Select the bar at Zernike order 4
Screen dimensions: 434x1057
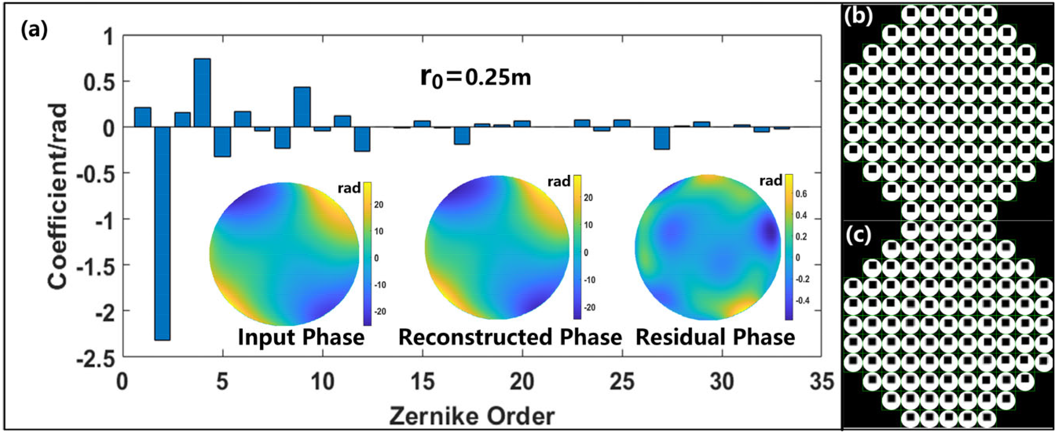(x=202, y=93)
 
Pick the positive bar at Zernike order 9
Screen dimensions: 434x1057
(x=302, y=107)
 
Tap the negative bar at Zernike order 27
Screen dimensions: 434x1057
(x=662, y=138)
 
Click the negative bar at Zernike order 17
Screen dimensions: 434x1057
(x=462, y=136)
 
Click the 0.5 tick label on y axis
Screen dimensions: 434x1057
(x=99, y=82)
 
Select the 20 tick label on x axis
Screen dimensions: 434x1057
(x=522, y=382)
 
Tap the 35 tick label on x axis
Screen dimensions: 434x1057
(x=822, y=382)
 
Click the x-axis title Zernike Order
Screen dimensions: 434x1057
(x=472, y=416)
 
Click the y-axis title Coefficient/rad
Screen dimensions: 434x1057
(x=57, y=196)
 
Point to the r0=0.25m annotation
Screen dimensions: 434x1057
(x=475, y=78)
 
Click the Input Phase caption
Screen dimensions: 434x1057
(x=301, y=337)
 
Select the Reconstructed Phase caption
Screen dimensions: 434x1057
(x=510, y=337)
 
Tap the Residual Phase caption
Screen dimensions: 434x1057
(x=715, y=337)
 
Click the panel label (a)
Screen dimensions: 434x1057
(x=34, y=31)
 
